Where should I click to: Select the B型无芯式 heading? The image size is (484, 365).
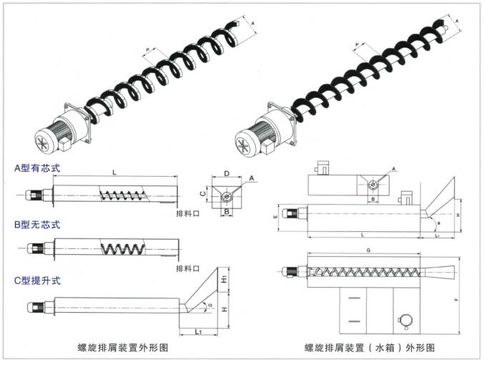pos(37,225)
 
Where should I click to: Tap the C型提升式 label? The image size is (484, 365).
pos(37,280)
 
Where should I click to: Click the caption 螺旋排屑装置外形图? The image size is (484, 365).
pos(127,347)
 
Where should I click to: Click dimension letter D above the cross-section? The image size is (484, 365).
pos(226,173)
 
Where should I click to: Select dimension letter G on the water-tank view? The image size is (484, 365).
pos(367,250)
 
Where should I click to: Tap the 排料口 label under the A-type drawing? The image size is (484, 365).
pos(187,213)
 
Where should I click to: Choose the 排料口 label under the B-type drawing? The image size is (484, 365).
pos(187,268)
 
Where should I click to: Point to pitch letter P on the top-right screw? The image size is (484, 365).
pos(357,44)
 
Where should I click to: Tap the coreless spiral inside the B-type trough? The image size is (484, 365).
pos(122,249)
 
